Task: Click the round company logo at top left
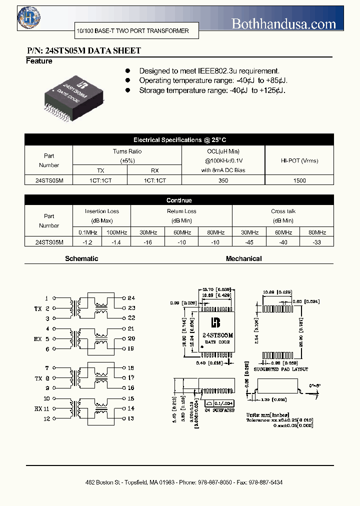pos(28,18)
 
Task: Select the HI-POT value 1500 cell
pos(299,180)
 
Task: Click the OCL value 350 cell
pos(223,180)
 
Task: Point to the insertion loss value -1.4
pos(117,242)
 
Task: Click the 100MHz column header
pos(117,232)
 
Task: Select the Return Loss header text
pos(181,211)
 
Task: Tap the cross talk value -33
pos(317,242)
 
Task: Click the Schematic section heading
pos(81,259)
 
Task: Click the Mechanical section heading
pos(243,259)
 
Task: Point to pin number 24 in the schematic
pos(131,298)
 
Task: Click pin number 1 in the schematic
pos(47,298)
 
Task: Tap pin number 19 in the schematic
pos(131,348)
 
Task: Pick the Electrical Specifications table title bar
pos(179,140)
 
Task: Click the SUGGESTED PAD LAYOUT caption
pos(281,369)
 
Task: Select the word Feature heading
pos(39,61)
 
